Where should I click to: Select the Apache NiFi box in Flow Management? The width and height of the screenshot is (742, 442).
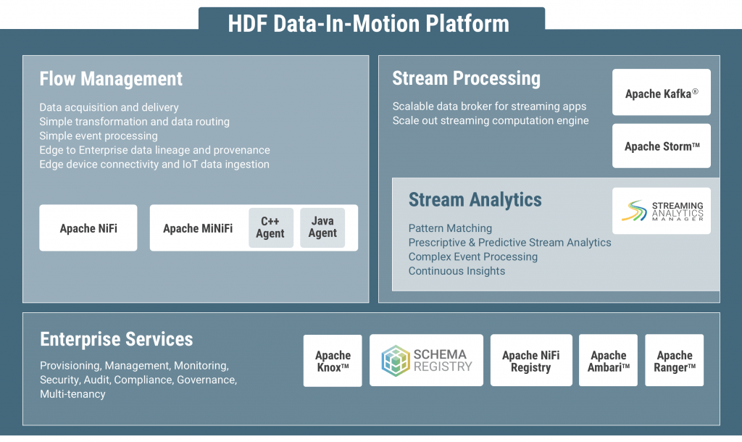(88, 228)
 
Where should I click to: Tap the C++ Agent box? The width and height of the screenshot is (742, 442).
(270, 228)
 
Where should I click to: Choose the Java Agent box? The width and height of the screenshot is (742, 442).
(322, 228)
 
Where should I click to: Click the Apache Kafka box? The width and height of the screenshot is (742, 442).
(661, 93)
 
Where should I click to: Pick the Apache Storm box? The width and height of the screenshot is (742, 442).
(661, 146)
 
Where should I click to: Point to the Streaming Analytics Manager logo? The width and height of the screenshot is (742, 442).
(637, 211)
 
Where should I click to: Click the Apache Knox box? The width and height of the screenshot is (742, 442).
(333, 361)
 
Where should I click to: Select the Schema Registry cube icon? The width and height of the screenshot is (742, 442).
(396, 361)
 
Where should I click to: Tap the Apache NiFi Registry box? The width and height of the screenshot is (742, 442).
(530, 361)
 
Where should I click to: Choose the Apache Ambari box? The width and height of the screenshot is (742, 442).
(608, 361)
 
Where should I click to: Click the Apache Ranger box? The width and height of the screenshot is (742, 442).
(674, 361)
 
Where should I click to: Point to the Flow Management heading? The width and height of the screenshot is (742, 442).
(111, 78)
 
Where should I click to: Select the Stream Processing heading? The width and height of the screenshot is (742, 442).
(466, 78)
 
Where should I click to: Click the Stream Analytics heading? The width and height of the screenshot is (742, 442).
(475, 199)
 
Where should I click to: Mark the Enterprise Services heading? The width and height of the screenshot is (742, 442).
(116, 339)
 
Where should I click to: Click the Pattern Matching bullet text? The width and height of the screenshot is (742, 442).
(450, 228)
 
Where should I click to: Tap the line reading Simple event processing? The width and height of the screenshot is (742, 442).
(98, 135)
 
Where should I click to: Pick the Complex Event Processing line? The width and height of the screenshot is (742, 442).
(472, 257)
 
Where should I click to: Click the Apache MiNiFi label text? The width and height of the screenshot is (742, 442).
(197, 228)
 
